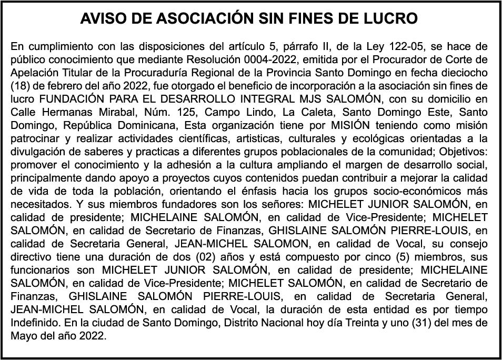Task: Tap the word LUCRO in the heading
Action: coord(390,19)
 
